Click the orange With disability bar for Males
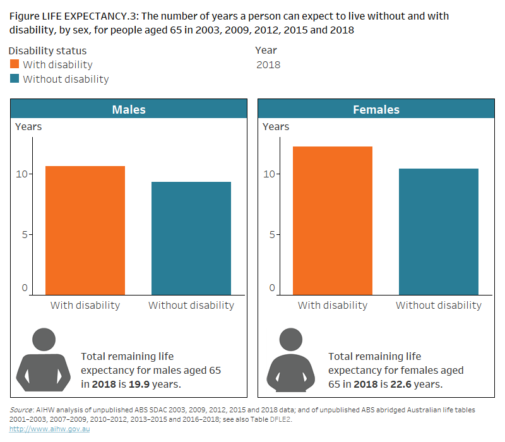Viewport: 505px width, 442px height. pyautogui.click(x=85, y=230)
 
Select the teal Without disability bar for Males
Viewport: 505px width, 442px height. pyautogui.click(x=191, y=238)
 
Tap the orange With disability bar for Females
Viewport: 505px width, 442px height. pyautogui.click(x=333, y=220)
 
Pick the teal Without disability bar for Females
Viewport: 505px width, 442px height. pyautogui.click(x=439, y=232)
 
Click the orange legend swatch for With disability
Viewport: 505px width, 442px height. pyautogui.click(x=15, y=64)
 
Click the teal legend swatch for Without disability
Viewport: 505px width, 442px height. pyautogui.click(x=15, y=79)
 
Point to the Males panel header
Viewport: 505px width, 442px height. pyautogui.click(x=129, y=109)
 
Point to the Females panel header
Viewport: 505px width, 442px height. pyautogui.click(x=376, y=109)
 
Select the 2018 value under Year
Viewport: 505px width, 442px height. pyautogui.click(x=268, y=64)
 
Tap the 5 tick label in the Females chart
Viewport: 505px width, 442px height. pyautogui.click(x=273, y=234)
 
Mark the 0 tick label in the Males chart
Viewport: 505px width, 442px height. pyautogui.click(x=25, y=288)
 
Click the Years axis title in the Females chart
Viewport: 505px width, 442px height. pyautogui.click(x=276, y=126)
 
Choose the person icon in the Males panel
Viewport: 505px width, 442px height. pyautogui.click(x=43, y=360)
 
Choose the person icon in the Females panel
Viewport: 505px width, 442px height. pyautogui.click(x=290, y=360)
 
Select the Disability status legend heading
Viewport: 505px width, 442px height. pyautogui.click(x=48, y=51)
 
